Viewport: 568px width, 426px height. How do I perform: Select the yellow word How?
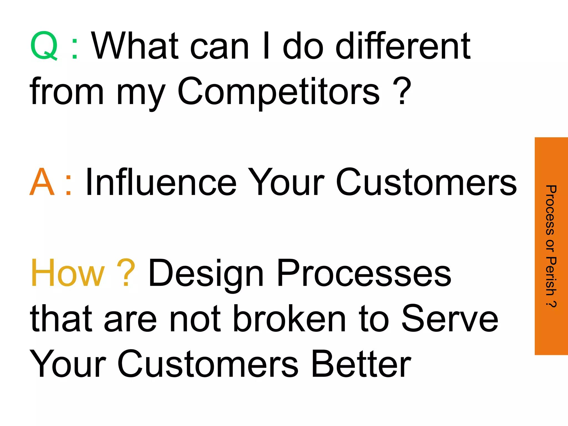[x=68, y=273]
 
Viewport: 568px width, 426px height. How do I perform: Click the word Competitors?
[x=278, y=92]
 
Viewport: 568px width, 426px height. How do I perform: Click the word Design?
[x=206, y=273]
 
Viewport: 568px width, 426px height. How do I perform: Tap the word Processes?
[x=364, y=273]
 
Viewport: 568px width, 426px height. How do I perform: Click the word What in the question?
[x=135, y=46]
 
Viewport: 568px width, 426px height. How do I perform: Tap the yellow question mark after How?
[x=126, y=273]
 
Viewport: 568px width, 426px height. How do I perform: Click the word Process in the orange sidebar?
[x=551, y=211]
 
